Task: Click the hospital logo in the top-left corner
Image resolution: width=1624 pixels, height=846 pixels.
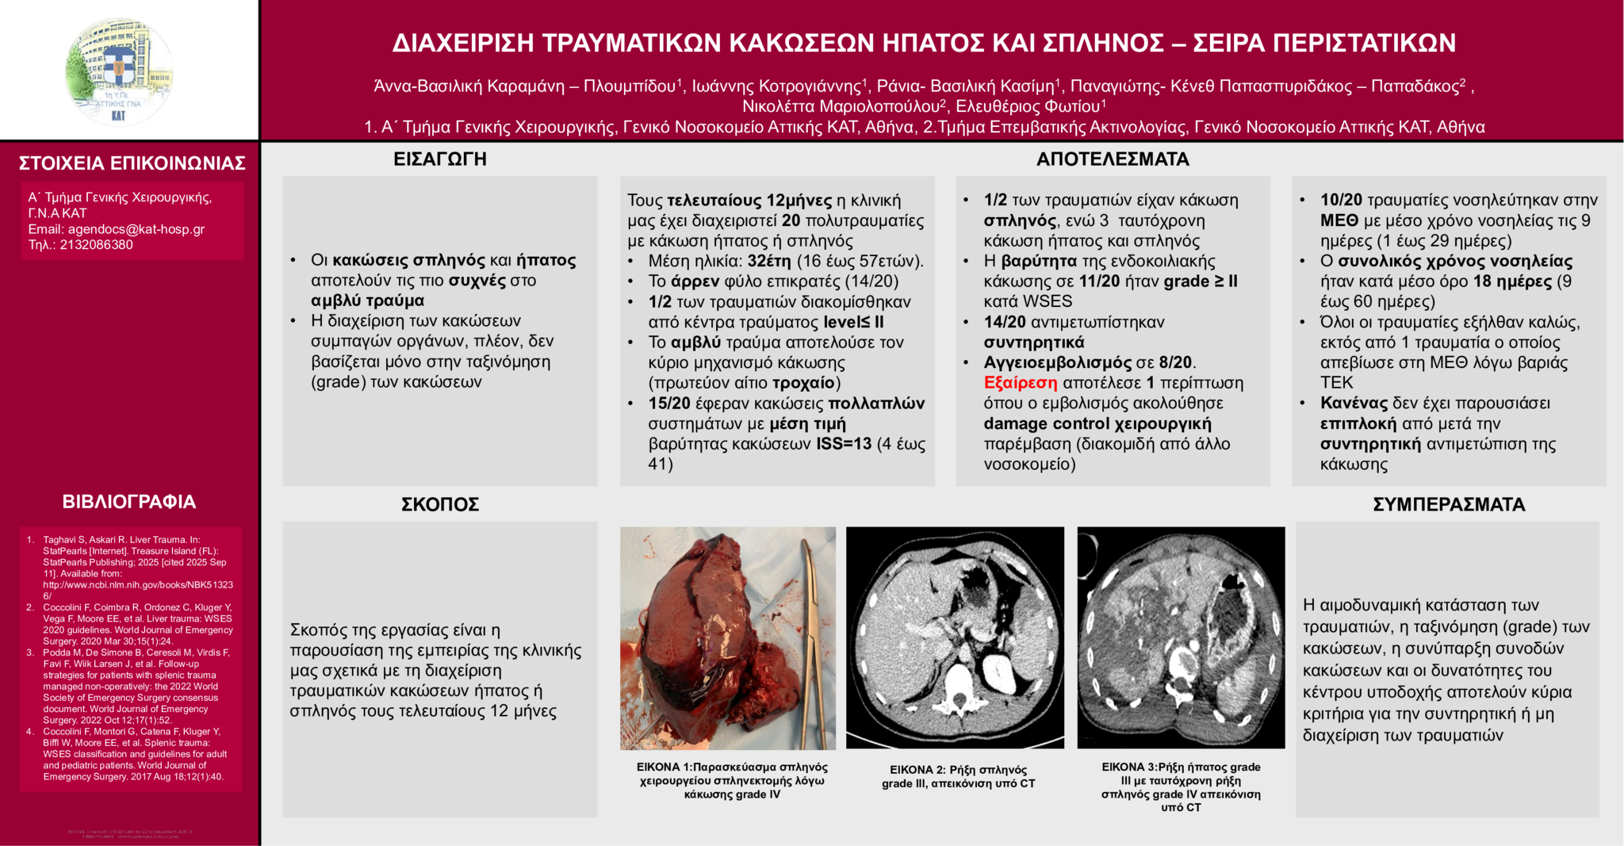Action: (x=119, y=71)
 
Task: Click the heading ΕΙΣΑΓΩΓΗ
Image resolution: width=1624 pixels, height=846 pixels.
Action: (x=440, y=159)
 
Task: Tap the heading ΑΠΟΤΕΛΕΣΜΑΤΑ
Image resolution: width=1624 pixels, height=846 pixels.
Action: (x=1113, y=159)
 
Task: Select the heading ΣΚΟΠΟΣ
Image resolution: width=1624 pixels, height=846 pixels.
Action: (x=440, y=505)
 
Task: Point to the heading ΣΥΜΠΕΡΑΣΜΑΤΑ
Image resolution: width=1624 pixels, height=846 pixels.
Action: (x=1449, y=505)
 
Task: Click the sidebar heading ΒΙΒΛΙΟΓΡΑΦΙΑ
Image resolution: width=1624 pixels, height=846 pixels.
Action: (x=129, y=502)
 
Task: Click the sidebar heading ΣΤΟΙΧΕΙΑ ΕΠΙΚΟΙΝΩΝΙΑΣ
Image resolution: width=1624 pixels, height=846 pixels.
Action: (x=132, y=163)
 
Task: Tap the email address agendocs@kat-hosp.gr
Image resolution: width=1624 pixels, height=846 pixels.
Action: (x=136, y=229)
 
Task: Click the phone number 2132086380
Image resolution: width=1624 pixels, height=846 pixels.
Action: (x=96, y=245)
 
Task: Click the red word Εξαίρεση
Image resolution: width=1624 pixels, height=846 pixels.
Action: (x=1020, y=383)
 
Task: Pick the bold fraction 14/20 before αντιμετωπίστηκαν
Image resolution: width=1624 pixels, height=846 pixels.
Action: (x=1005, y=322)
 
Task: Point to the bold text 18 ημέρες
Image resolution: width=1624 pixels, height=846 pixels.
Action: (x=1512, y=281)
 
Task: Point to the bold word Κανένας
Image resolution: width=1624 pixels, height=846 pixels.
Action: (x=1354, y=404)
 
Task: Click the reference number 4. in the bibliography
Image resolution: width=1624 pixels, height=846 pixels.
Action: (x=30, y=732)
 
